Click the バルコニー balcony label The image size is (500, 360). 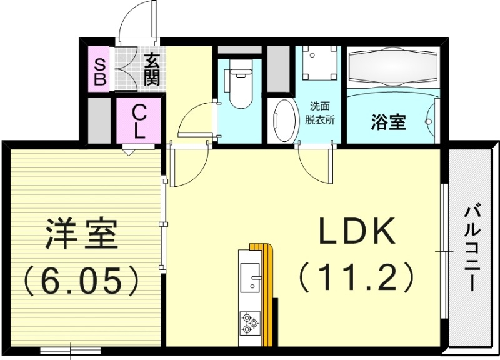coord(472,247)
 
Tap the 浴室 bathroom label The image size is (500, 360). coord(388,122)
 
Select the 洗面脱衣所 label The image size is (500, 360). coord(319,113)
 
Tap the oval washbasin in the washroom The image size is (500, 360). coord(284,121)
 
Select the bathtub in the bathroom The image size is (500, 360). coord(393,67)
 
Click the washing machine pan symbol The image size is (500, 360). coord(319,64)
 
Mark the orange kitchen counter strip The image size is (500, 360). coord(269,294)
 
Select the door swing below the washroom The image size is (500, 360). coord(316,164)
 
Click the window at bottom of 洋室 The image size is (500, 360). coord(70,351)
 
